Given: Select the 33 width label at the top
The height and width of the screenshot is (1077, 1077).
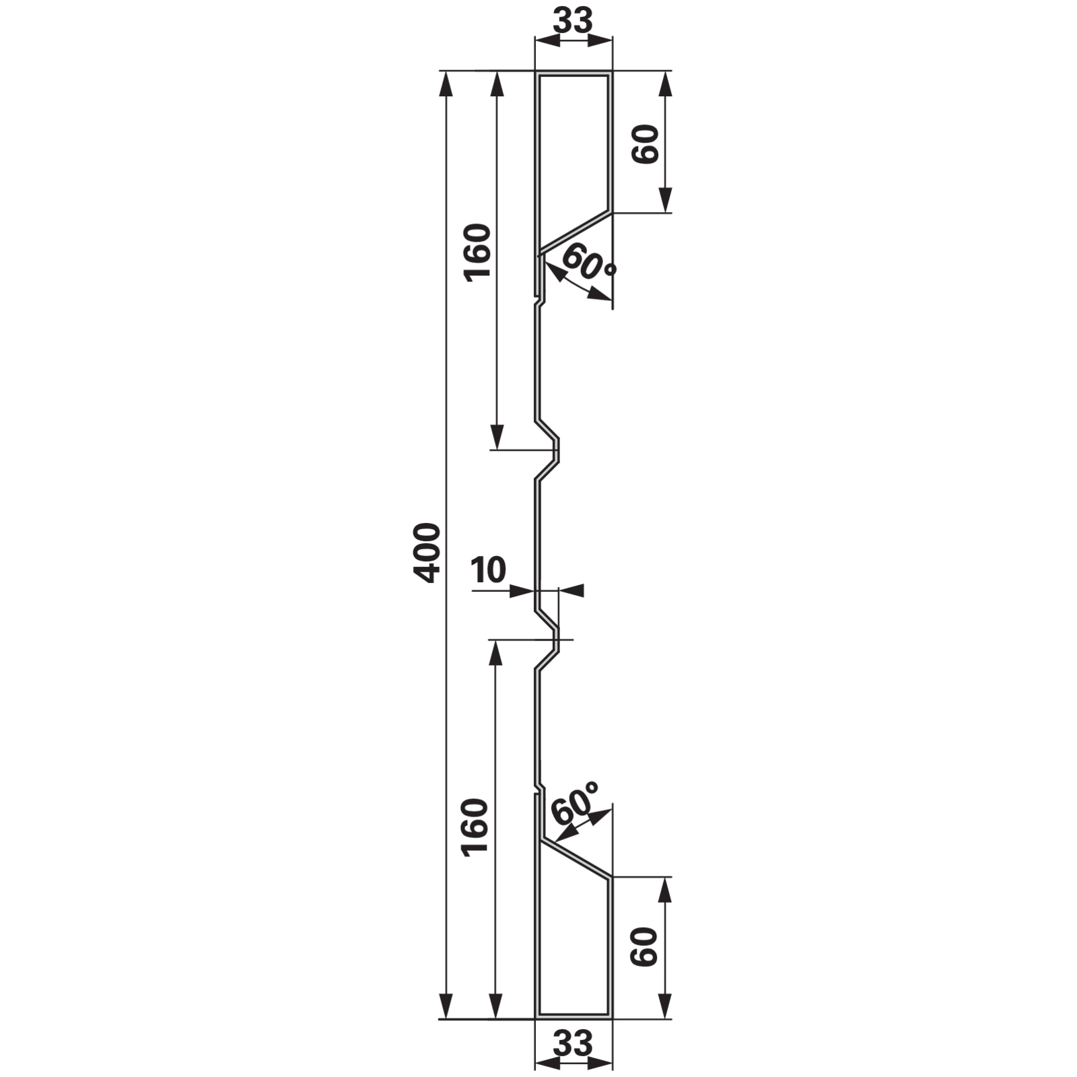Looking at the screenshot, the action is pos(574,20).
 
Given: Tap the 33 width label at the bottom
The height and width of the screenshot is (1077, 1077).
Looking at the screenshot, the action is pos(574,1043).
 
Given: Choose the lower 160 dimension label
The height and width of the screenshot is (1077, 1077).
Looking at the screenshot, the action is pos(475,827).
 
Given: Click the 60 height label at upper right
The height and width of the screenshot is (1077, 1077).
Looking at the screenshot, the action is pos(646,144).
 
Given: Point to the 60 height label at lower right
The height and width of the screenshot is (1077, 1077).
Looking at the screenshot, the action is pos(644,946).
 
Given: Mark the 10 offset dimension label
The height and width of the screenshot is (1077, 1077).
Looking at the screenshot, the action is pos(488,570).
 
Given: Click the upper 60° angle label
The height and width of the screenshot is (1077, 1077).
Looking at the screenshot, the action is pos(587,263).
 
